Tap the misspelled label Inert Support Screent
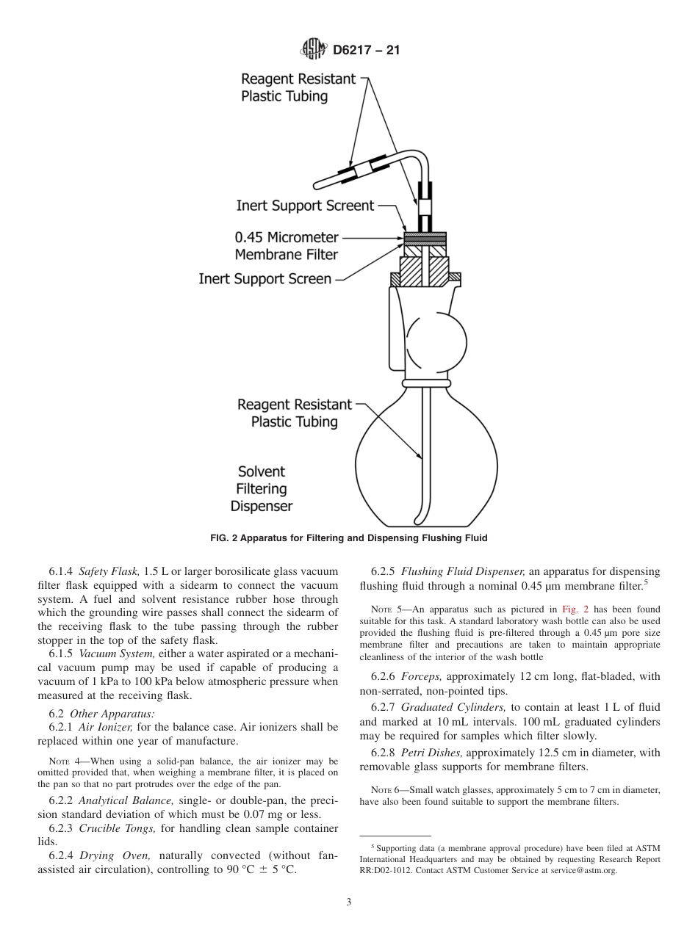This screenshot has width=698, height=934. click(305, 206)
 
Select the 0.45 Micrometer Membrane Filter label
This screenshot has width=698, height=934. click(287, 246)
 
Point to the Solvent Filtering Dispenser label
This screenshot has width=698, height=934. click(262, 489)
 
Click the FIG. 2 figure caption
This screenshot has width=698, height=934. click(348, 537)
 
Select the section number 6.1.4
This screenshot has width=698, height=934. click(62, 571)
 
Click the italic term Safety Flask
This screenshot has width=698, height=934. click(105, 571)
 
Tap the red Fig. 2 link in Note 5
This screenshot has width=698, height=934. click(573, 609)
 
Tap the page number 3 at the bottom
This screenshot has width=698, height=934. click(348, 902)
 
